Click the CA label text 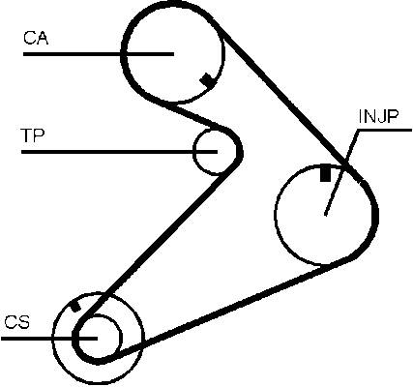36,38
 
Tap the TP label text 32,135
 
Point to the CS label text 17,322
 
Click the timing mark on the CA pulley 207,79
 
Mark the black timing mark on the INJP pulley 325,173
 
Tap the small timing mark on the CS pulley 75,306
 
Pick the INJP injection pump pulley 275,215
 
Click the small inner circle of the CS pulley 121,337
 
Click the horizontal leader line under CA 99,54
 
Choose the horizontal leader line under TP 119,152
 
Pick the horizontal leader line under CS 49,339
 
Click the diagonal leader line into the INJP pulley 341,173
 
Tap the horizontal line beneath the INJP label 384,131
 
